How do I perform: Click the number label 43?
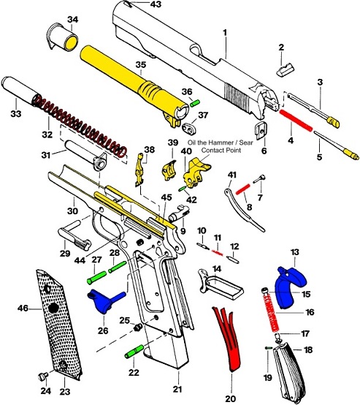[x=155, y=5]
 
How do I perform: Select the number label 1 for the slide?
[x=225, y=33]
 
